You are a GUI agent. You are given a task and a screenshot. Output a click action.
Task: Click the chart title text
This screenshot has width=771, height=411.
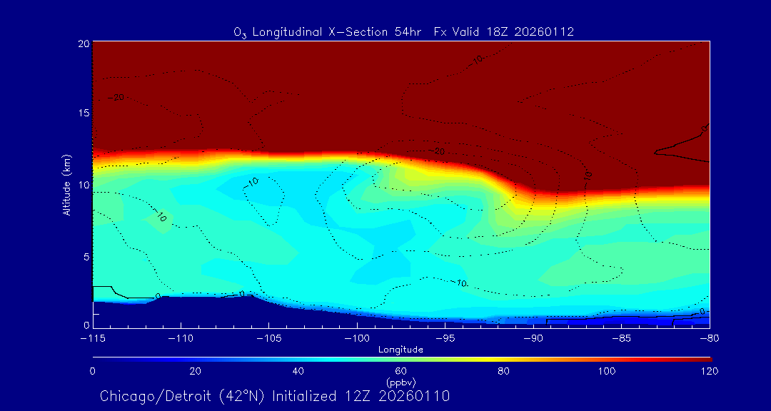coord(404,32)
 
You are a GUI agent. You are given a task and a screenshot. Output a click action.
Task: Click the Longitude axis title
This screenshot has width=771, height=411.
coord(400,350)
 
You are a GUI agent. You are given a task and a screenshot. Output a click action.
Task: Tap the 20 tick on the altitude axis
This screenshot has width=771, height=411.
coord(83,44)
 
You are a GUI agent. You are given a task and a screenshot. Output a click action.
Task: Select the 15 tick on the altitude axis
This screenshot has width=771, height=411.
coord(83,113)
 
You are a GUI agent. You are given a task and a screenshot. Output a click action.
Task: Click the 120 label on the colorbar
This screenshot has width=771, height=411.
coord(709,371)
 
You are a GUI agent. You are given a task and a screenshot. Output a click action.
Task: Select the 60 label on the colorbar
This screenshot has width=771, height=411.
coord(400,371)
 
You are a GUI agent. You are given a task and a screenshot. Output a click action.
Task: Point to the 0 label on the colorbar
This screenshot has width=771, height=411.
coord(93,371)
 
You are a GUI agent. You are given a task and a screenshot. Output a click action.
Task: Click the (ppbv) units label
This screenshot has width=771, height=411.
coord(400,382)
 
